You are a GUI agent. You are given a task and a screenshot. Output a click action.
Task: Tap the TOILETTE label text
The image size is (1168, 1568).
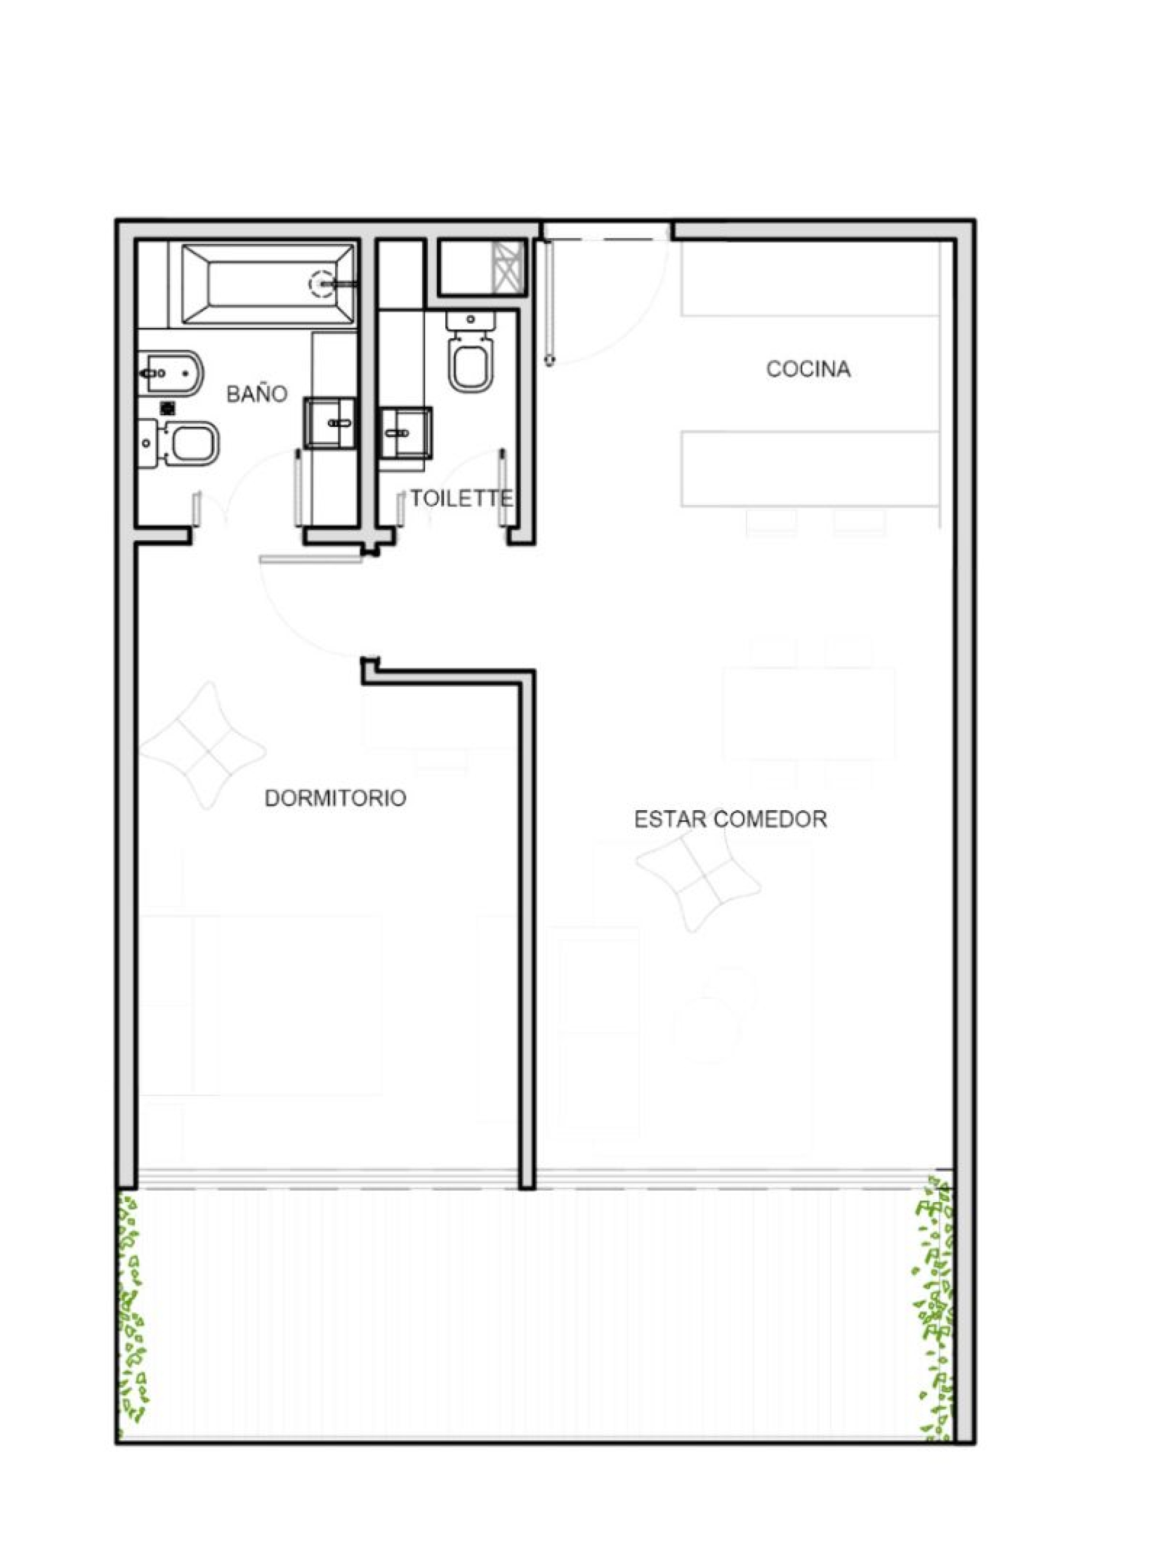pos(462,498)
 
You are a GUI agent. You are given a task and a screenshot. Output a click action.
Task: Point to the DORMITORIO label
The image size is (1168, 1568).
pos(335,798)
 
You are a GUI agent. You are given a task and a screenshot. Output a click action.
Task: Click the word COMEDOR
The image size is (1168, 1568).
pos(771,819)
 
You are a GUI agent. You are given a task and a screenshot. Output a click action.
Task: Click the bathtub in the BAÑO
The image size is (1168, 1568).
pos(268,284)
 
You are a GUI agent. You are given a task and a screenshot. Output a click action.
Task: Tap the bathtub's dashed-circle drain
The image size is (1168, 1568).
pos(322,284)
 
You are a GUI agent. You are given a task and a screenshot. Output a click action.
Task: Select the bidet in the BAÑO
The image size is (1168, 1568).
pos(170,372)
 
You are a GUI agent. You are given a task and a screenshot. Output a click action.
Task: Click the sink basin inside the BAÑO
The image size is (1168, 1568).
pos(330,423)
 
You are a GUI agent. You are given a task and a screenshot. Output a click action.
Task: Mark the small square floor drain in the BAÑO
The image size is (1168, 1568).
pos(169,407)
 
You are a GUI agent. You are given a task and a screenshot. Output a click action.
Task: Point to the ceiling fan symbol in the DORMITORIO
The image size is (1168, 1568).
pos(204,746)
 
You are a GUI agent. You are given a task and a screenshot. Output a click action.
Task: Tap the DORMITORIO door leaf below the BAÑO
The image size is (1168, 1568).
pos(311,560)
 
